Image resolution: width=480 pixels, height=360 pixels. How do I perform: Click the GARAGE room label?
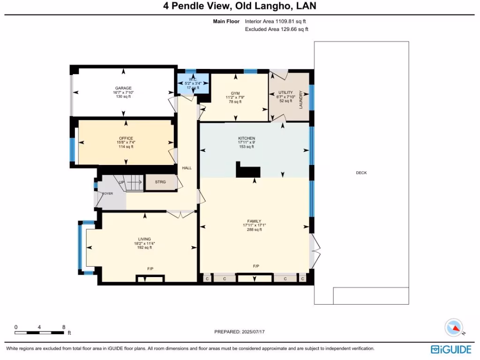click(x=124, y=88)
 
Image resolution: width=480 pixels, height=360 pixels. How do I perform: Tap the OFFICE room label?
click(x=126, y=138)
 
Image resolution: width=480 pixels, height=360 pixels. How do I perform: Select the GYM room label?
click(x=235, y=93)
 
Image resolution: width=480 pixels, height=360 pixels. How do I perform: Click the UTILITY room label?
click(x=285, y=92)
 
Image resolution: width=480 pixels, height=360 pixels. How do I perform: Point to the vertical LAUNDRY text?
click(x=301, y=99)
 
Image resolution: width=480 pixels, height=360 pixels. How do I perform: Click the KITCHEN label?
click(x=246, y=138)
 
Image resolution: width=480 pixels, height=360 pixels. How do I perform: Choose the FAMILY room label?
click(x=254, y=221)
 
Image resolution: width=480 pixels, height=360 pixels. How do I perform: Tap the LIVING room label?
click(x=144, y=239)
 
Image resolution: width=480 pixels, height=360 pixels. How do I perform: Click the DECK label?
click(x=361, y=173)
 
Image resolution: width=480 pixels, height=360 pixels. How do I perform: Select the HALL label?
click(x=187, y=168)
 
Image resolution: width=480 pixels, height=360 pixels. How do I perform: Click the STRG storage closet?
click(x=160, y=182)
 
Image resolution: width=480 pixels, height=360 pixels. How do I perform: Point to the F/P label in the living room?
click(x=150, y=269)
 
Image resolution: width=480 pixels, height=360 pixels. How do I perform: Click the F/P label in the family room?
click(x=256, y=266)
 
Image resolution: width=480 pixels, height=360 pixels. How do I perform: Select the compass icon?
click(x=454, y=327)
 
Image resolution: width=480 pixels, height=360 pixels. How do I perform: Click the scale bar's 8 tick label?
click(x=63, y=327)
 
